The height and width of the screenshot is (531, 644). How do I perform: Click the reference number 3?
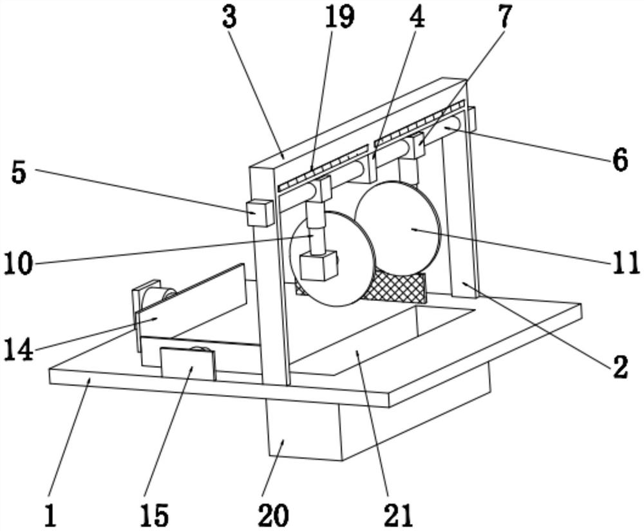(229, 18)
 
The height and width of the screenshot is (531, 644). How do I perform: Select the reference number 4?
(418, 17)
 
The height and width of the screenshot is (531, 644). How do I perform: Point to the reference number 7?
(504, 17)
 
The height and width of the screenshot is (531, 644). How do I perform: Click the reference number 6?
(620, 160)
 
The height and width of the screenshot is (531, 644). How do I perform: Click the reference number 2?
(619, 367)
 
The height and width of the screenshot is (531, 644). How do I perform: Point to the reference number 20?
(273, 515)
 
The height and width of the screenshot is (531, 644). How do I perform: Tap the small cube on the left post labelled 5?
(260, 212)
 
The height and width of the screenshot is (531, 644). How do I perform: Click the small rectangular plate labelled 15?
(187, 364)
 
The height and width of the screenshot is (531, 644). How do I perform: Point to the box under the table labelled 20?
(303, 432)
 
